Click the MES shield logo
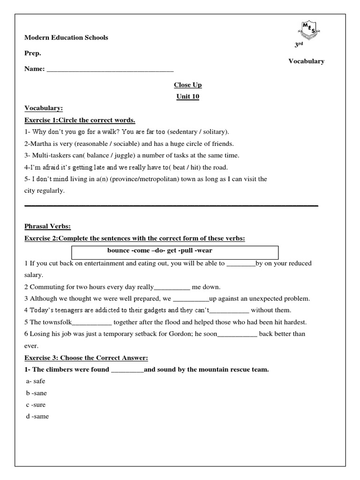click(307, 31)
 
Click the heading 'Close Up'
click(187, 85)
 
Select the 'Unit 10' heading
click(187, 97)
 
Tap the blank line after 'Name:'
click(110, 69)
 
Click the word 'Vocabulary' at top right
click(306, 61)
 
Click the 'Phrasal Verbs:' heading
click(47, 227)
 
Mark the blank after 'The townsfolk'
click(92, 322)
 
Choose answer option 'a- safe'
click(36, 381)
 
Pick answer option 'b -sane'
click(37, 393)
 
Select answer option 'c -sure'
click(36, 405)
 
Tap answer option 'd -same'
click(37, 416)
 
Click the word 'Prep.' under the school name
click(33, 53)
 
